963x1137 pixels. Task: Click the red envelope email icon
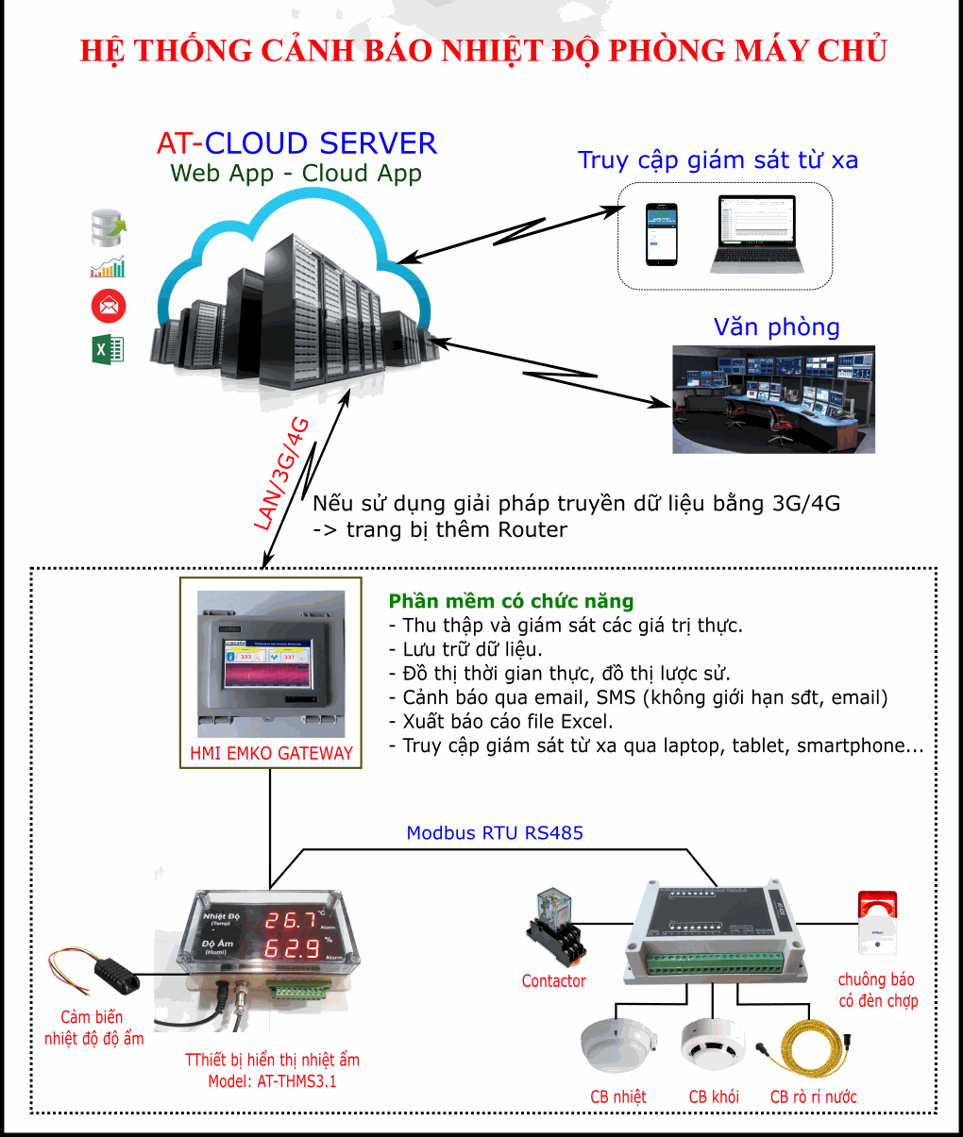tap(109, 307)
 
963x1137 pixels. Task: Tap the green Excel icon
tap(108, 350)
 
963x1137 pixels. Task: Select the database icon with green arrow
tap(108, 227)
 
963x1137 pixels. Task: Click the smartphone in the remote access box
tap(662, 234)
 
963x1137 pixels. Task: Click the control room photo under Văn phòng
tap(773, 399)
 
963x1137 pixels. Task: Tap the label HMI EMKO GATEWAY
tap(271, 753)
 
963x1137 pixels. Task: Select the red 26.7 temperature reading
tap(292, 919)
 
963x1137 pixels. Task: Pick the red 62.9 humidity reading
tap(292, 947)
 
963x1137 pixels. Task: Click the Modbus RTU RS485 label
tap(495, 833)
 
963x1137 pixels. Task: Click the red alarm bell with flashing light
tap(877, 922)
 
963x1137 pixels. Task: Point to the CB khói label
tap(713, 1096)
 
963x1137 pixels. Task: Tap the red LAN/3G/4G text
tap(282, 473)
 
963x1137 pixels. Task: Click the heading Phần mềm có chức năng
tap(511, 601)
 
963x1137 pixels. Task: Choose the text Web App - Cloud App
tap(296, 174)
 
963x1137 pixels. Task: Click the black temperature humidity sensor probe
tap(117, 973)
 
